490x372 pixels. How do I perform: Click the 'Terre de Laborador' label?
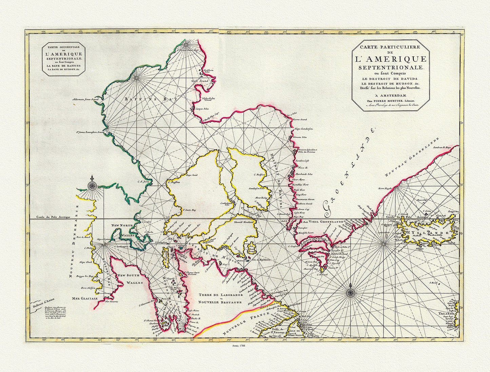(x=220, y=295)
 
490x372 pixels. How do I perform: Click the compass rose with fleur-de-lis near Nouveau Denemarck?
(x=92, y=185)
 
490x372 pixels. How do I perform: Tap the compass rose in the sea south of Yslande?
(x=351, y=291)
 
